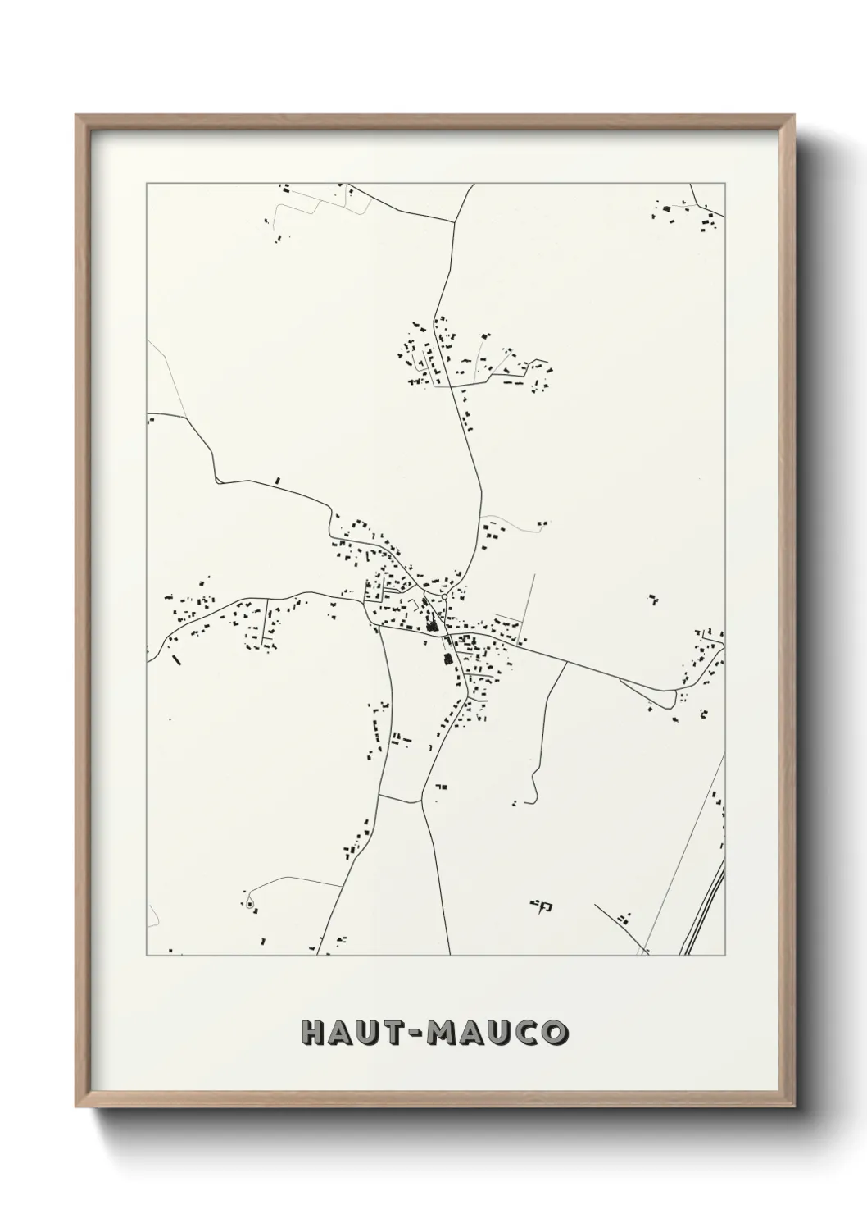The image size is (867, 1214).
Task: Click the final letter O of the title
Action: coord(555,1033)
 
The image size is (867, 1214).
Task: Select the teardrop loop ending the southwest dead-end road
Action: coord(250,905)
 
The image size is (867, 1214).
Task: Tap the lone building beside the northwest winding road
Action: coord(278,481)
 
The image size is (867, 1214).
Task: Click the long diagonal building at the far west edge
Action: coord(175,659)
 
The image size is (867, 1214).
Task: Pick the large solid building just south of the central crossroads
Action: coord(448,660)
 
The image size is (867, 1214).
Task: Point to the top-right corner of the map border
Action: coord(724,184)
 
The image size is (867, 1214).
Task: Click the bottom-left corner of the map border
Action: coord(147,955)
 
